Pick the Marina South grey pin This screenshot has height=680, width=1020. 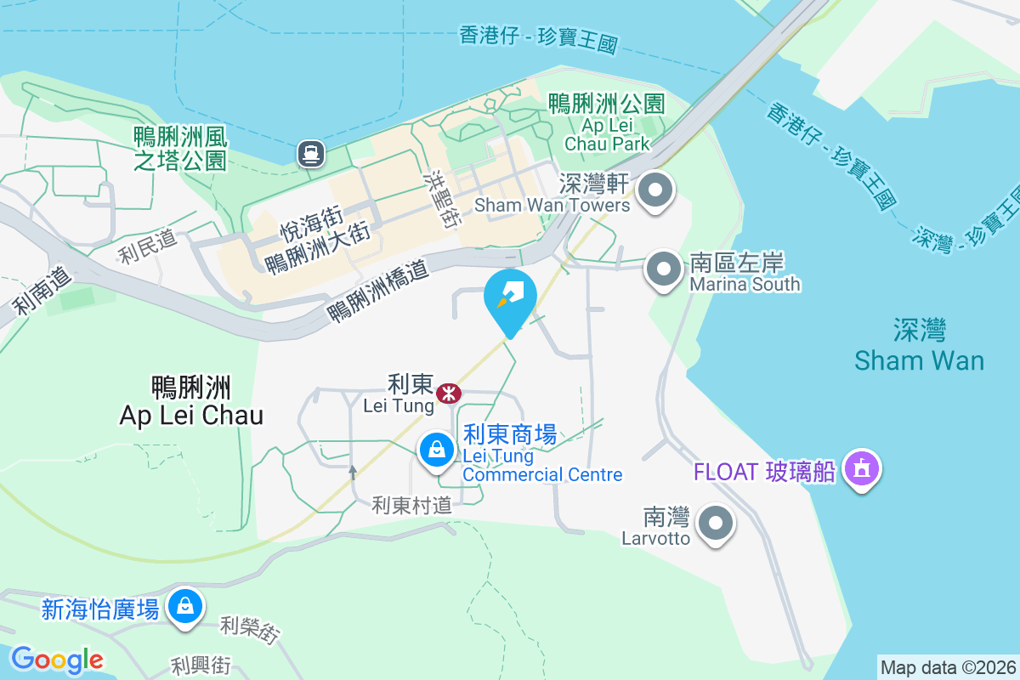(x=664, y=269)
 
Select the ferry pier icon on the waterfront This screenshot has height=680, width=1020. (x=310, y=153)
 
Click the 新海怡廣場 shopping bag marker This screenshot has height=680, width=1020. (x=184, y=607)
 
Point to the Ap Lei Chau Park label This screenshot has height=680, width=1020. (x=606, y=123)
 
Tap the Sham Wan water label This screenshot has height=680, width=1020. (x=919, y=345)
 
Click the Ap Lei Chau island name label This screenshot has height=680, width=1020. (x=191, y=401)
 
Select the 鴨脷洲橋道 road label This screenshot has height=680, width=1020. (x=378, y=292)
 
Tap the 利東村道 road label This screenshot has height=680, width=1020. (x=411, y=506)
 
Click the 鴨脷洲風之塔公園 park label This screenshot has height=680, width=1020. (x=180, y=148)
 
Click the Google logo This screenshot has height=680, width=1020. (x=57, y=659)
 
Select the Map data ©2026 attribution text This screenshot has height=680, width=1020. (x=948, y=667)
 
